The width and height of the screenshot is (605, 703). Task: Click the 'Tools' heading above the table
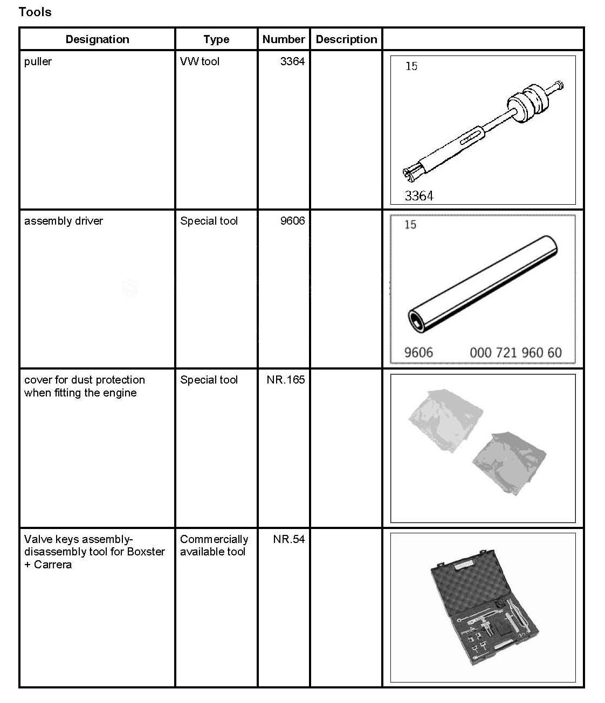point(35,12)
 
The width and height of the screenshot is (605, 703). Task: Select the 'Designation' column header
point(97,39)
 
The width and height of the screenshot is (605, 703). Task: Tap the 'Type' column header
point(216,39)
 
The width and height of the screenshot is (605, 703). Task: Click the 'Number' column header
point(284,39)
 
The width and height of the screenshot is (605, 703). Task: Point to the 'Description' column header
point(346,39)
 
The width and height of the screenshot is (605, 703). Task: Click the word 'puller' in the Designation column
point(38,61)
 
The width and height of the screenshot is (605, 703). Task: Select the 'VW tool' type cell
point(200,61)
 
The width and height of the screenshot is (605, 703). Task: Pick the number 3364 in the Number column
point(292,61)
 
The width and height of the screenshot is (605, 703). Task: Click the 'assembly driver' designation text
point(64,221)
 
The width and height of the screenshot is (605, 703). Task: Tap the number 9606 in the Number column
point(292,221)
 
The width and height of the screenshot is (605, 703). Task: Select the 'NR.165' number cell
point(286,380)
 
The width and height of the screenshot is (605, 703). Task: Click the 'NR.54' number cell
point(289,539)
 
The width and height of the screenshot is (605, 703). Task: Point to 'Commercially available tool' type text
point(214,545)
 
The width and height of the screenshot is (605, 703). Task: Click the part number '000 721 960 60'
point(515,353)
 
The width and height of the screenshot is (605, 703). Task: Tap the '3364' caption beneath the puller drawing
point(419,196)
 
